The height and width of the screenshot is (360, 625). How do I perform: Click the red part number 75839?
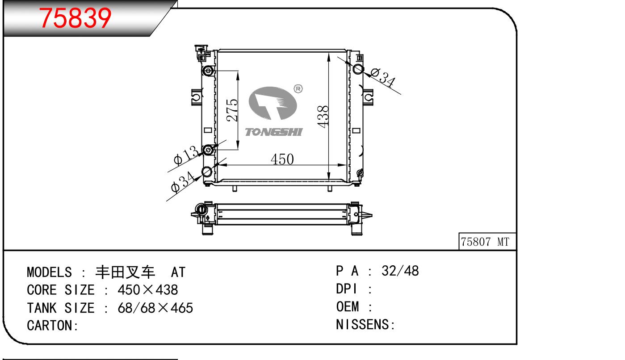tap(75, 18)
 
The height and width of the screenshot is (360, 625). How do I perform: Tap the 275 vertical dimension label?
tap(232, 110)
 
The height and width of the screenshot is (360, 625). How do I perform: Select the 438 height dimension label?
tap(323, 117)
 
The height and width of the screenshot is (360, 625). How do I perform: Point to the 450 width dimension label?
tap(282, 159)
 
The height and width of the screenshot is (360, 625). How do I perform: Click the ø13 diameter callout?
tap(186, 155)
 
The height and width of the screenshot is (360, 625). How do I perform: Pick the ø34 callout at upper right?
tap(383, 77)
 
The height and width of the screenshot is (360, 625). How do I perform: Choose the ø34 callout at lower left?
tap(182, 182)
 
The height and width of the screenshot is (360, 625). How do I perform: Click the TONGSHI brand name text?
tap(274, 132)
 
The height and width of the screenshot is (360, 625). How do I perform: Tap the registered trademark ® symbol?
tap(298, 89)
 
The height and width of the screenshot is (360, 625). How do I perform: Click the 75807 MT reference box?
tap(487, 241)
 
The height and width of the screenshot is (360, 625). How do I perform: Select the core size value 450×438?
tap(147, 290)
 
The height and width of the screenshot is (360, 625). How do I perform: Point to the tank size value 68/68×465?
tap(155, 308)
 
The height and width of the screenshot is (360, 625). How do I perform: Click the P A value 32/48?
tap(400, 271)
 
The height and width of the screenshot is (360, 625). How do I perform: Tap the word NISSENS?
tap(362, 325)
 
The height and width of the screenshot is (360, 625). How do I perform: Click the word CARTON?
tap(50, 326)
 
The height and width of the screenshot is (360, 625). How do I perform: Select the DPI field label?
tap(346, 289)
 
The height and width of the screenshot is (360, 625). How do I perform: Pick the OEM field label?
tap(348, 306)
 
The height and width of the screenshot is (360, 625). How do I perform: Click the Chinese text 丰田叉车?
tap(125, 272)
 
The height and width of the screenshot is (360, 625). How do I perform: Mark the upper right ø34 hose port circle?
tap(358, 69)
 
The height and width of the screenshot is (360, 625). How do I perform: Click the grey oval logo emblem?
tap(273, 103)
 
